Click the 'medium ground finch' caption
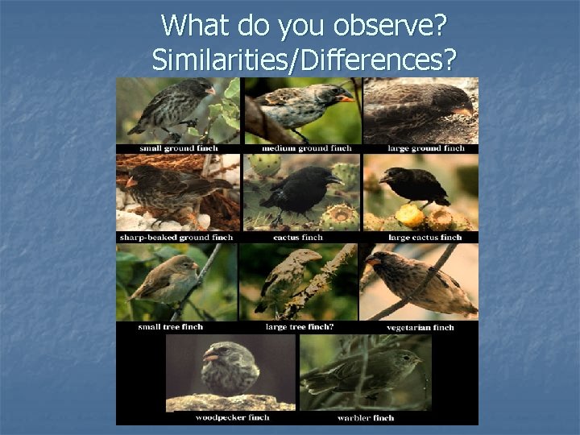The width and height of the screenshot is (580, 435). tap(298, 148)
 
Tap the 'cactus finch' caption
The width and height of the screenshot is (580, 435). tap(298, 238)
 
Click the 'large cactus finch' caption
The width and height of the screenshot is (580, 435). tap(425, 238)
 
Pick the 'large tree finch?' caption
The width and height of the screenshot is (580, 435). tap(299, 327)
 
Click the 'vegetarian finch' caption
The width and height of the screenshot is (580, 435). tap(420, 327)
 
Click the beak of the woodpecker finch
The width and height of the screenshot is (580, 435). tap(211, 355)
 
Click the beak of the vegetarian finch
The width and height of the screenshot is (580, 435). tap(374, 262)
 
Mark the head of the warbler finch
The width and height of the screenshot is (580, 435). tap(408, 358)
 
